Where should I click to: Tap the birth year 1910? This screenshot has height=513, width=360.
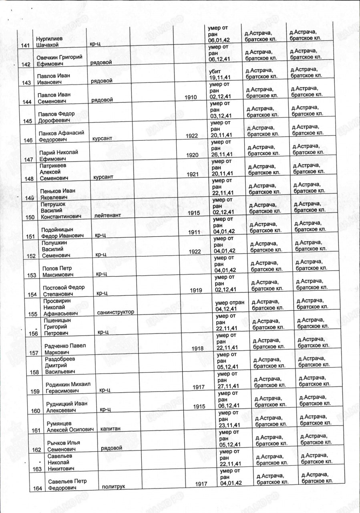[191, 97]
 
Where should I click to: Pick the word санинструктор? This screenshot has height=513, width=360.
[115, 312]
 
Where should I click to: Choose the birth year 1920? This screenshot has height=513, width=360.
[192, 155]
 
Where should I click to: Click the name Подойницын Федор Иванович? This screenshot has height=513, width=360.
[63, 232]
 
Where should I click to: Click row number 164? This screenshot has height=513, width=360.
[37, 487]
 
